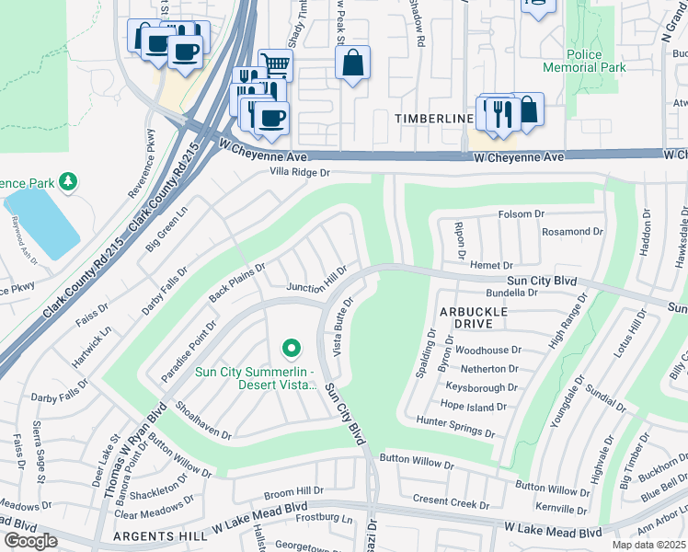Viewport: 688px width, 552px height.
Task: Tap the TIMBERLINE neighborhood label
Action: pos(434,120)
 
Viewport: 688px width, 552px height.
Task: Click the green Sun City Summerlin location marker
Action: pos(291,348)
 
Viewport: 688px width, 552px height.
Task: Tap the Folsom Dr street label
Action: pos(522,214)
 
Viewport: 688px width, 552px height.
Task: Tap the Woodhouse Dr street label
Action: pos(488,350)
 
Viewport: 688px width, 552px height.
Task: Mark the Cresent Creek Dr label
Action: pos(451,503)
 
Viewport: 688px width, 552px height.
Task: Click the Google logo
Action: pos(30,541)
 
